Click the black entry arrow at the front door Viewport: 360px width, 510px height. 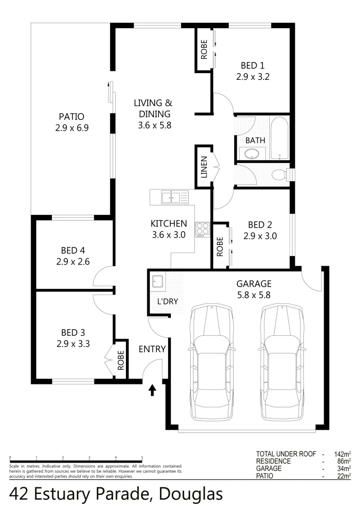152,390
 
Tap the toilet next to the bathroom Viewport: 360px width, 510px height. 282,174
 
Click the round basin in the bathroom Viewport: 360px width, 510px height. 251,154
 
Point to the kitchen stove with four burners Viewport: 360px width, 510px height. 203,229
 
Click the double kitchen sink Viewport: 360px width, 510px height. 169,197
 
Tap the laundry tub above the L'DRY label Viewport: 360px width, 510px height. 157,282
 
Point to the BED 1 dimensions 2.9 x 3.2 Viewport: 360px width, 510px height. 252,76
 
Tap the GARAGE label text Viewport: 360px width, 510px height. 253,284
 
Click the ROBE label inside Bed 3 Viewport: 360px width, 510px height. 121,360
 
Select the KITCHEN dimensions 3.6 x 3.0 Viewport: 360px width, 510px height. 169,234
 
